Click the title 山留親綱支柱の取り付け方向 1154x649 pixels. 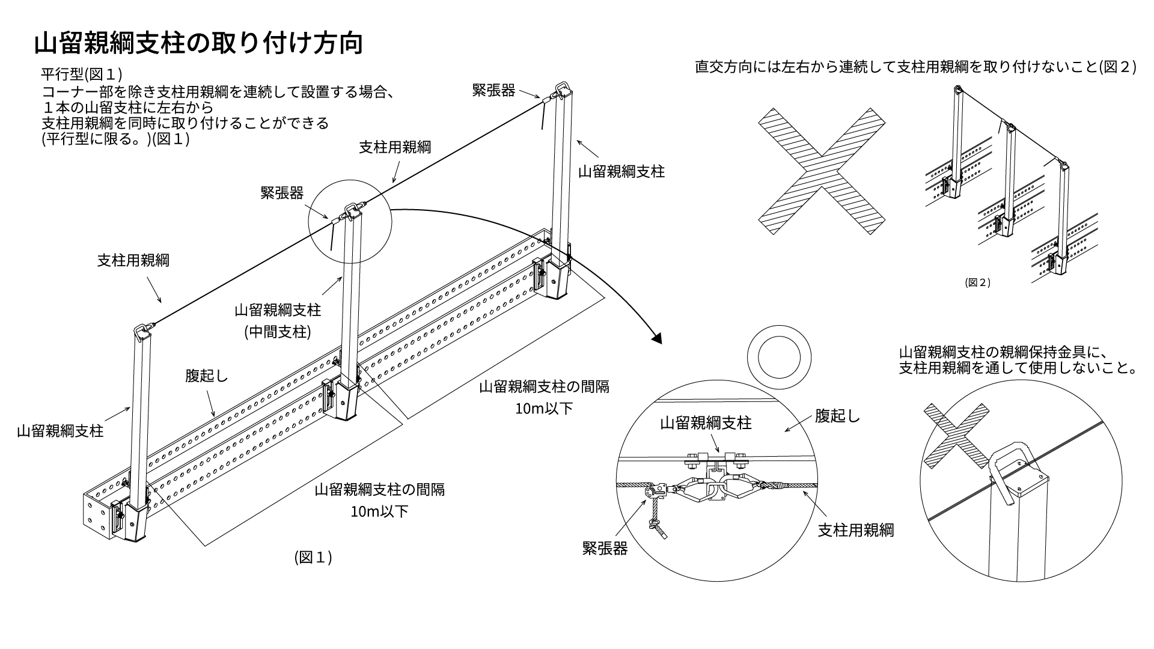point(198,44)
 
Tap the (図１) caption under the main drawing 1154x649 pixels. point(313,558)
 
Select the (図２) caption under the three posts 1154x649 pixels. point(977,282)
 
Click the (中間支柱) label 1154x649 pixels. point(278,332)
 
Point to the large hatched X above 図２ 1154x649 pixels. point(821,171)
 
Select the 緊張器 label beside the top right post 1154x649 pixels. point(494,90)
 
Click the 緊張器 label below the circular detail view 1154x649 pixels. point(605,549)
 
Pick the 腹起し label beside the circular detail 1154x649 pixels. point(838,416)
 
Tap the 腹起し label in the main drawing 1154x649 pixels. point(207,376)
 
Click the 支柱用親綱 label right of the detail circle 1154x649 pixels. point(856,530)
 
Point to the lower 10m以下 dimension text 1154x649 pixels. point(380,512)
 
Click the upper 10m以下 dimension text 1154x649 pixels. point(544,409)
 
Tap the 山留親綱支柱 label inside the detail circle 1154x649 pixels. point(706,422)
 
